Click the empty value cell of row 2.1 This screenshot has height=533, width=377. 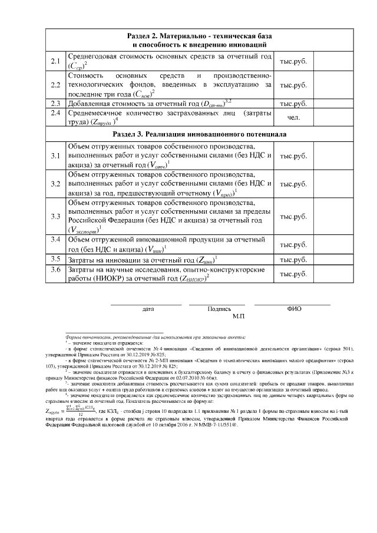click(332, 61)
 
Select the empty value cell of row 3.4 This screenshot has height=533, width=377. click(332, 244)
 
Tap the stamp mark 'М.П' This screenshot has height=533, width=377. click(239, 316)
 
